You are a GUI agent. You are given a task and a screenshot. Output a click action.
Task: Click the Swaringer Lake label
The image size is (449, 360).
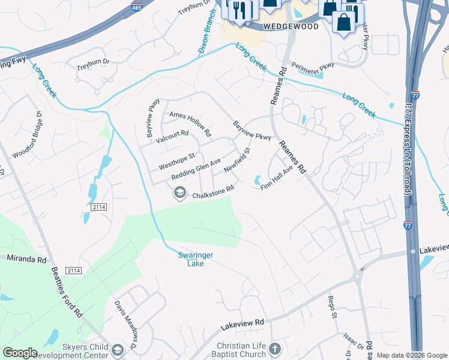click(196, 259)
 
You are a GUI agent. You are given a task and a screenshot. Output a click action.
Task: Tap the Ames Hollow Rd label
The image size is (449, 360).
click(190, 123)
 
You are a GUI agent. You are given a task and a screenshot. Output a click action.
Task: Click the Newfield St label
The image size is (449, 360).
click(237, 161)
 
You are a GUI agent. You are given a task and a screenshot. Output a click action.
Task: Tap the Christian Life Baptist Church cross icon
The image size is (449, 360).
click(275, 349)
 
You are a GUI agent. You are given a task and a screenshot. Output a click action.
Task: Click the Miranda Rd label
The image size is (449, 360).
click(26, 259)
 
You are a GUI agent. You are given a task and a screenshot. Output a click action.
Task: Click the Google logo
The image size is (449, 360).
click(20, 353)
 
